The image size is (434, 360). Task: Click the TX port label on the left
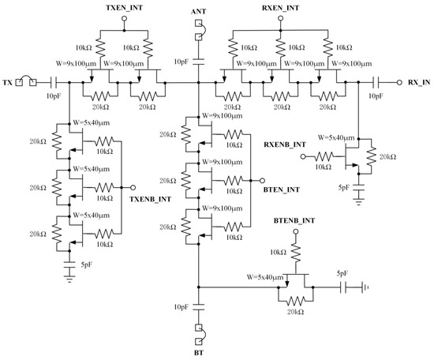pyautogui.click(x=7, y=82)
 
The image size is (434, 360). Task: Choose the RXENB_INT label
pyautogui.click(x=286, y=144)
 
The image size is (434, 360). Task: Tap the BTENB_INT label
pyautogui.click(x=296, y=217)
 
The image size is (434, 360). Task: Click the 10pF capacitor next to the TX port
pyautogui.click(x=54, y=81)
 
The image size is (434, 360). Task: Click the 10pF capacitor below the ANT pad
pyautogui.click(x=198, y=61)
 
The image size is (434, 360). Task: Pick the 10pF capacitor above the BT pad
pyautogui.click(x=198, y=305)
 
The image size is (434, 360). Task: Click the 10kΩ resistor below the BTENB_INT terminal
pyautogui.click(x=296, y=251)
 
